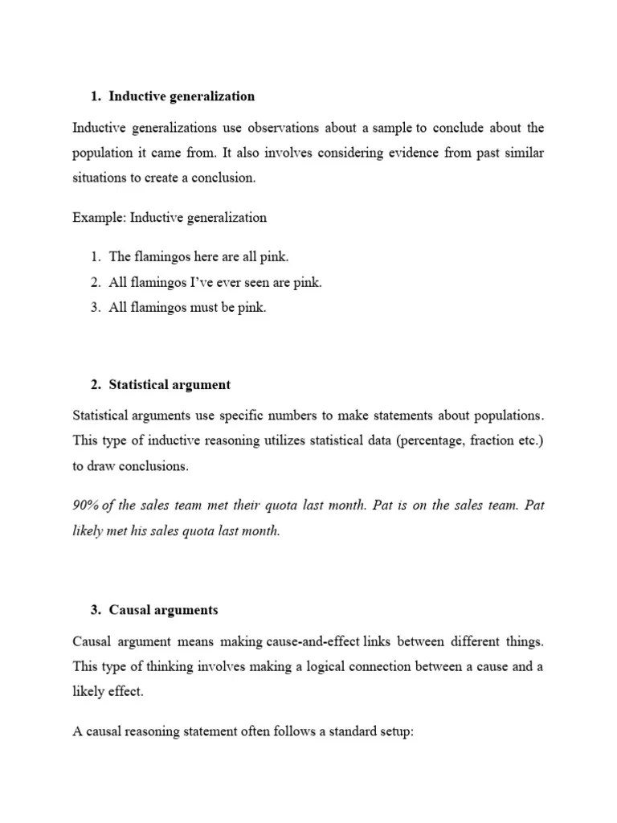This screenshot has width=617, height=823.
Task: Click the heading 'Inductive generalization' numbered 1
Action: coord(182,96)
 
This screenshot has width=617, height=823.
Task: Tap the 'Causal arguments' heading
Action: coord(163,610)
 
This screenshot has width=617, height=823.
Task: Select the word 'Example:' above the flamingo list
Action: coord(99,217)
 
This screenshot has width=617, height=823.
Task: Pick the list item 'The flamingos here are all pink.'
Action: coord(198,257)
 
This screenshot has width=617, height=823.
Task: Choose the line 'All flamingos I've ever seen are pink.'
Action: coord(215,282)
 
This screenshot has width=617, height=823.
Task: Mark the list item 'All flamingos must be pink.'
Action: coord(187,307)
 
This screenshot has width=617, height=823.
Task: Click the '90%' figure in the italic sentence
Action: coord(85,506)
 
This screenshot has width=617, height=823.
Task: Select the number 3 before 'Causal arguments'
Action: coord(95,610)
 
